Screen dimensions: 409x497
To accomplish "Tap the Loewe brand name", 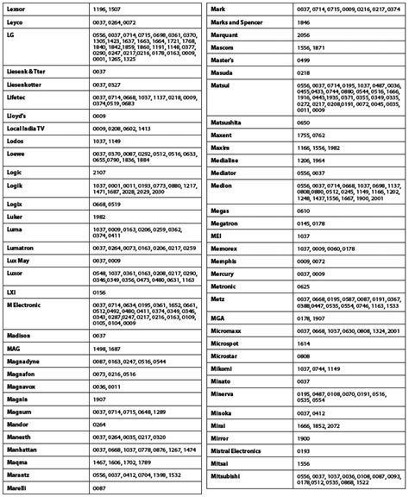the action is click(x=15, y=155).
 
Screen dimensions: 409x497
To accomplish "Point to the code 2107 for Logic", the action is click(x=99, y=172).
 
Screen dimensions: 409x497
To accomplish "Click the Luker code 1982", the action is click(x=99, y=216).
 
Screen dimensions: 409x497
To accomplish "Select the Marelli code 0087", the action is click(x=99, y=488).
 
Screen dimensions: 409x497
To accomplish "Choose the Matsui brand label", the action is click(x=221, y=87).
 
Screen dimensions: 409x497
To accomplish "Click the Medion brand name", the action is click(x=222, y=186).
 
